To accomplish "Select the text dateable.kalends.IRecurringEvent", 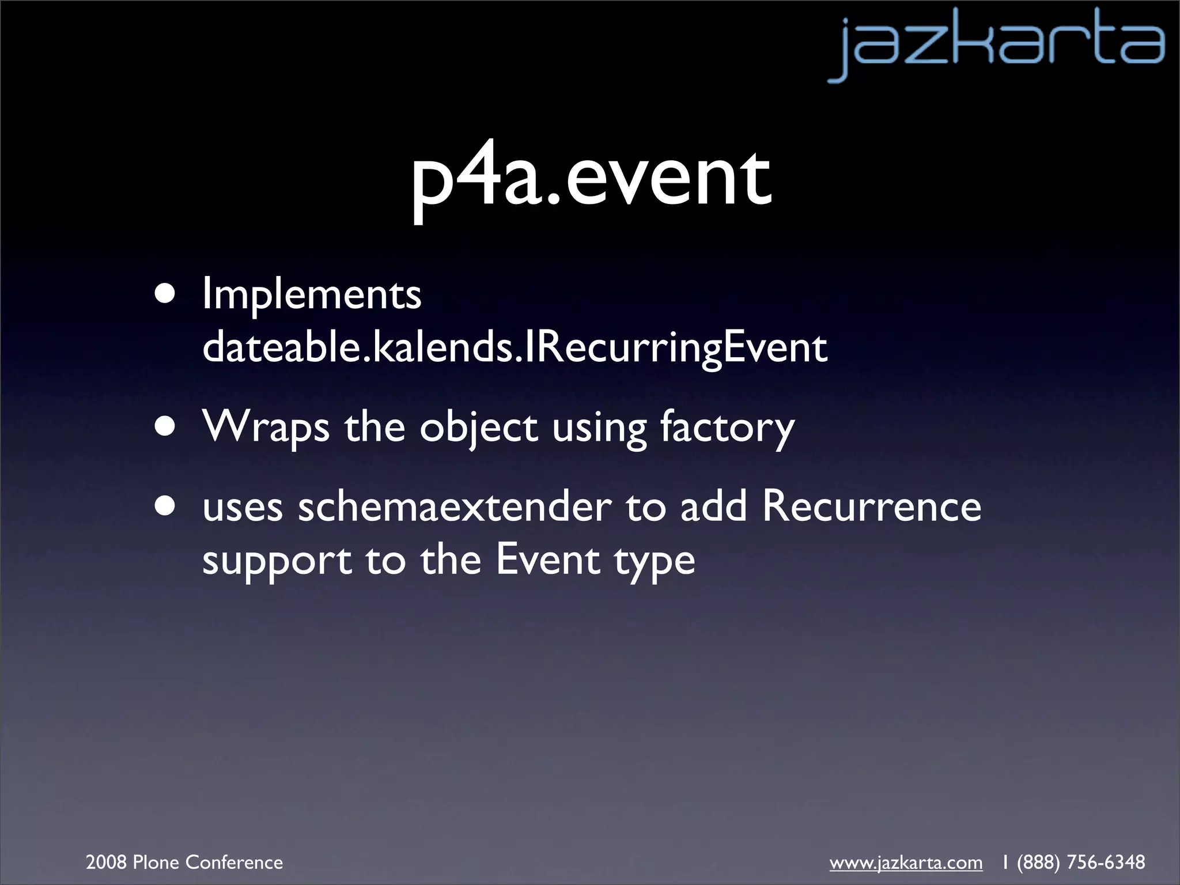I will (x=515, y=347).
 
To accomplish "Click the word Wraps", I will (x=266, y=428).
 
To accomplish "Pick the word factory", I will (x=727, y=428).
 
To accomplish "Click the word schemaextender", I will (x=455, y=507).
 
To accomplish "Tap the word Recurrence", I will (x=872, y=506).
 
